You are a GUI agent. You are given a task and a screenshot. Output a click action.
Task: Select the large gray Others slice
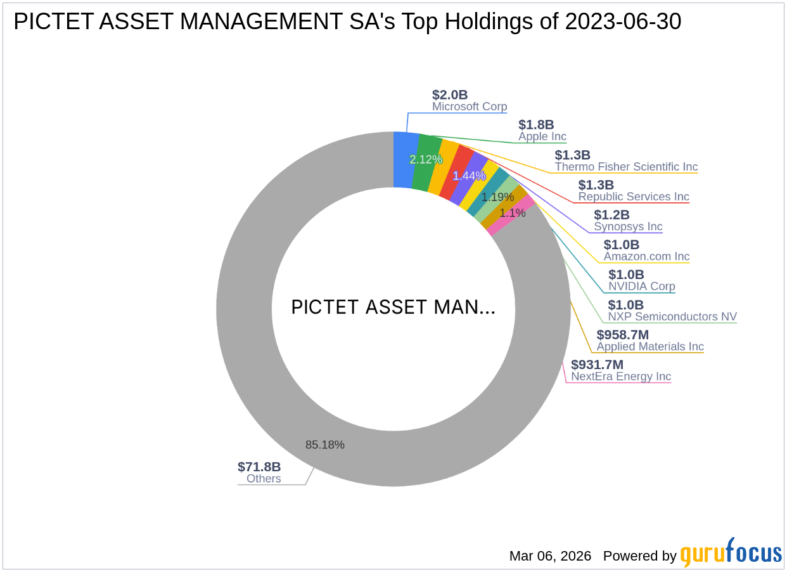click(x=266, y=380)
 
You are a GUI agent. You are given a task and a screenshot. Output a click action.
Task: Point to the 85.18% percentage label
click(x=324, y=445)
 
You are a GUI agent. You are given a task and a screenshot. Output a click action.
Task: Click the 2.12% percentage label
click(x=425, y=160)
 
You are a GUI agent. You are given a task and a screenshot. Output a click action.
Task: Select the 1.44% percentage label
click(x=469, y=176)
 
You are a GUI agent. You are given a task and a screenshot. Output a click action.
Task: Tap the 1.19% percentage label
click(x=497, y=197)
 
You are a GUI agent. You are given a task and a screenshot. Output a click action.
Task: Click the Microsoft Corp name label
click(x=470, y=107)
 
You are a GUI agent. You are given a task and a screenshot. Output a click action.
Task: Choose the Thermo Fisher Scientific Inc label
click(x=626, y=167)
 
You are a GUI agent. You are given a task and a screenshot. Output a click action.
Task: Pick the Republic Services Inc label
click(x=634, y=197)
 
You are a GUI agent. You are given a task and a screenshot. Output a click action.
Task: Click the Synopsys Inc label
click(x=628, y=226)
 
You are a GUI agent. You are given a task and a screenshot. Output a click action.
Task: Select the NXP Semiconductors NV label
click(x=672, y=316)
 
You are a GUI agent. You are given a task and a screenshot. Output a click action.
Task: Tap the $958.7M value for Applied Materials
click(x=623, y=334)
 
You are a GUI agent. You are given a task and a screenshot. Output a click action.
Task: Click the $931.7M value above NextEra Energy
click(x=597, y=365)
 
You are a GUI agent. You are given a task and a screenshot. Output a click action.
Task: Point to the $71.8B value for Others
click(x=259, y=467)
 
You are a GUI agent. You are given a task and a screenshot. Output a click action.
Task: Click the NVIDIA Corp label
click(x=642, y=287)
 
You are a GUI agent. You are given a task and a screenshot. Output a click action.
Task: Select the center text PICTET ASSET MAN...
click(x=393, y=308)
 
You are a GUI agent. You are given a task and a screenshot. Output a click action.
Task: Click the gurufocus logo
click(x=731, y=554)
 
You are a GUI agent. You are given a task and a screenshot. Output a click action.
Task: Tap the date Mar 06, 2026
click(x=550, y=556)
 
